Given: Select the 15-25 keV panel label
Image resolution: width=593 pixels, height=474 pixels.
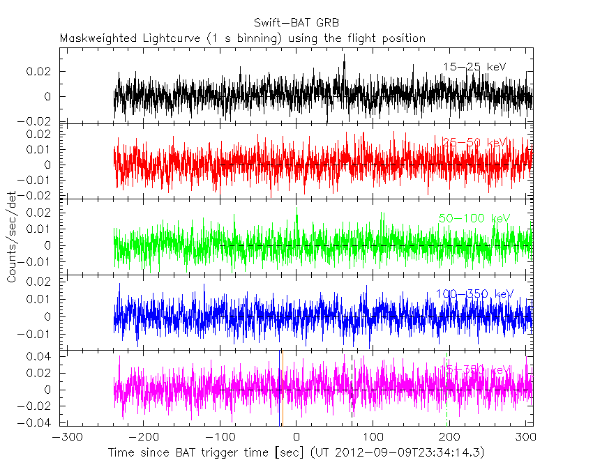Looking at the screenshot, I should [474, 67].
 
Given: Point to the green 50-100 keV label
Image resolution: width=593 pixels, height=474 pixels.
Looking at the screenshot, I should [474, 218].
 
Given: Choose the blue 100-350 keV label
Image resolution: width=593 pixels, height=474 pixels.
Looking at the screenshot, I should [474, 293].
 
